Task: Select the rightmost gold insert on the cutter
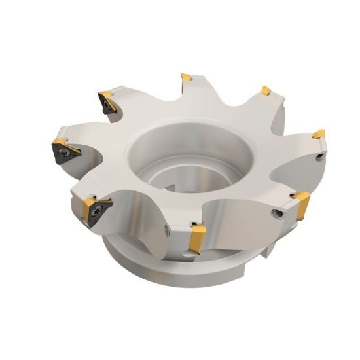pyautogui.click(x=318, y=135)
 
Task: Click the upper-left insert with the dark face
pyautogui.click(x=106, y=101)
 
